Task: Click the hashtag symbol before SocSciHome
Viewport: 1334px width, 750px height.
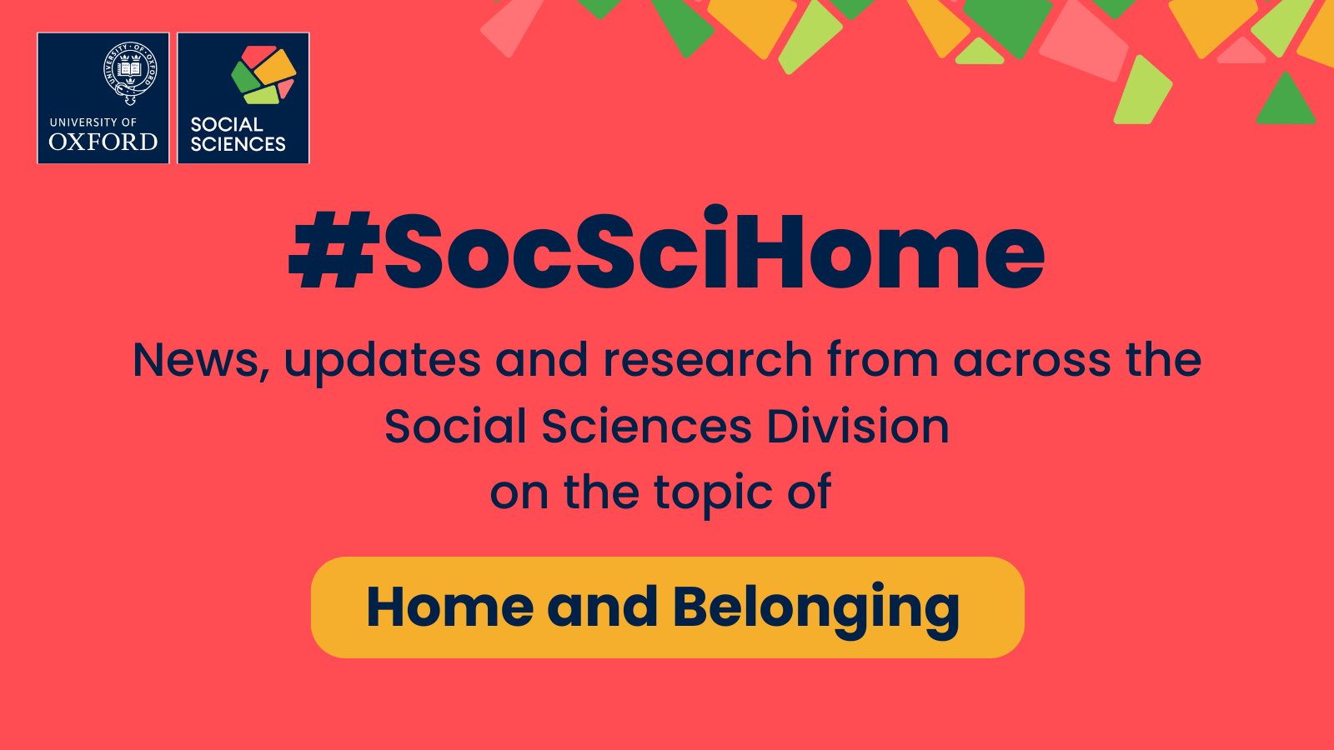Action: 334,250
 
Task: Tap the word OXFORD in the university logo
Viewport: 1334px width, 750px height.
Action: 103,142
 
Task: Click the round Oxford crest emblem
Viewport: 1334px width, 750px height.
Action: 130,72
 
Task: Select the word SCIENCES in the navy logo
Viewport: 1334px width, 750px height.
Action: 238,144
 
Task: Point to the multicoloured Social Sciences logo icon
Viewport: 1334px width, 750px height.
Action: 263,75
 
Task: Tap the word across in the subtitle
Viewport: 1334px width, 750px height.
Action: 1032,361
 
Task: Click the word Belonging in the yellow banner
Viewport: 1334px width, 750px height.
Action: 816,608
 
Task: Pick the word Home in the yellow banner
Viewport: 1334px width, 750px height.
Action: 449,607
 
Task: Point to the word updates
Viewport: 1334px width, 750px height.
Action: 382,362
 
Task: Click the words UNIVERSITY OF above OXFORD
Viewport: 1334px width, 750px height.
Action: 93,122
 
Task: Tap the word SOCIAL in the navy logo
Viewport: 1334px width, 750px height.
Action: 227,124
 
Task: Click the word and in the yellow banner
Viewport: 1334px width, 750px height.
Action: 602,607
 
